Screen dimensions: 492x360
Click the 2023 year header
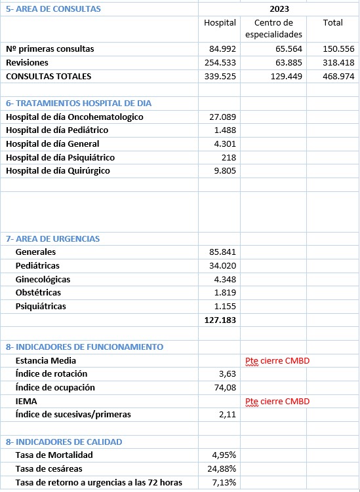(x=279, y=9)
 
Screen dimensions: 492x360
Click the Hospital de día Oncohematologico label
(x=74, y=117)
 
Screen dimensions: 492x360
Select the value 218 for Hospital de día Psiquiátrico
(x=228, y=157)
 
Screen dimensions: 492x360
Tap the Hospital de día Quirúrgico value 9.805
(x=223, y=171)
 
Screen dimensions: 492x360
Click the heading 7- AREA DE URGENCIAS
(x=53, y=238)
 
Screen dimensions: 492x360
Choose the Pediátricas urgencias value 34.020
(x=222, y=265)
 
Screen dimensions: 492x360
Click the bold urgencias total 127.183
(x=220, y=320)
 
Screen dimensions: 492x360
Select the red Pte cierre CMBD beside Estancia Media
(x=276, y=360)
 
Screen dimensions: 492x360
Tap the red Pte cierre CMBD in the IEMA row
(x=276, y=401)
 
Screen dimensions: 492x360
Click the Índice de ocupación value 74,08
(x=224, y=387)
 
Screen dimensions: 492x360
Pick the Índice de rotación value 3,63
(x=227, y=373)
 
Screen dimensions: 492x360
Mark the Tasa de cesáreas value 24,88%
(x=222, y=469)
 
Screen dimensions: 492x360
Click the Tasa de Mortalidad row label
(x=54, y=455)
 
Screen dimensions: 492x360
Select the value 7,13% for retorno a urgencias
(x=224, y=483)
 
